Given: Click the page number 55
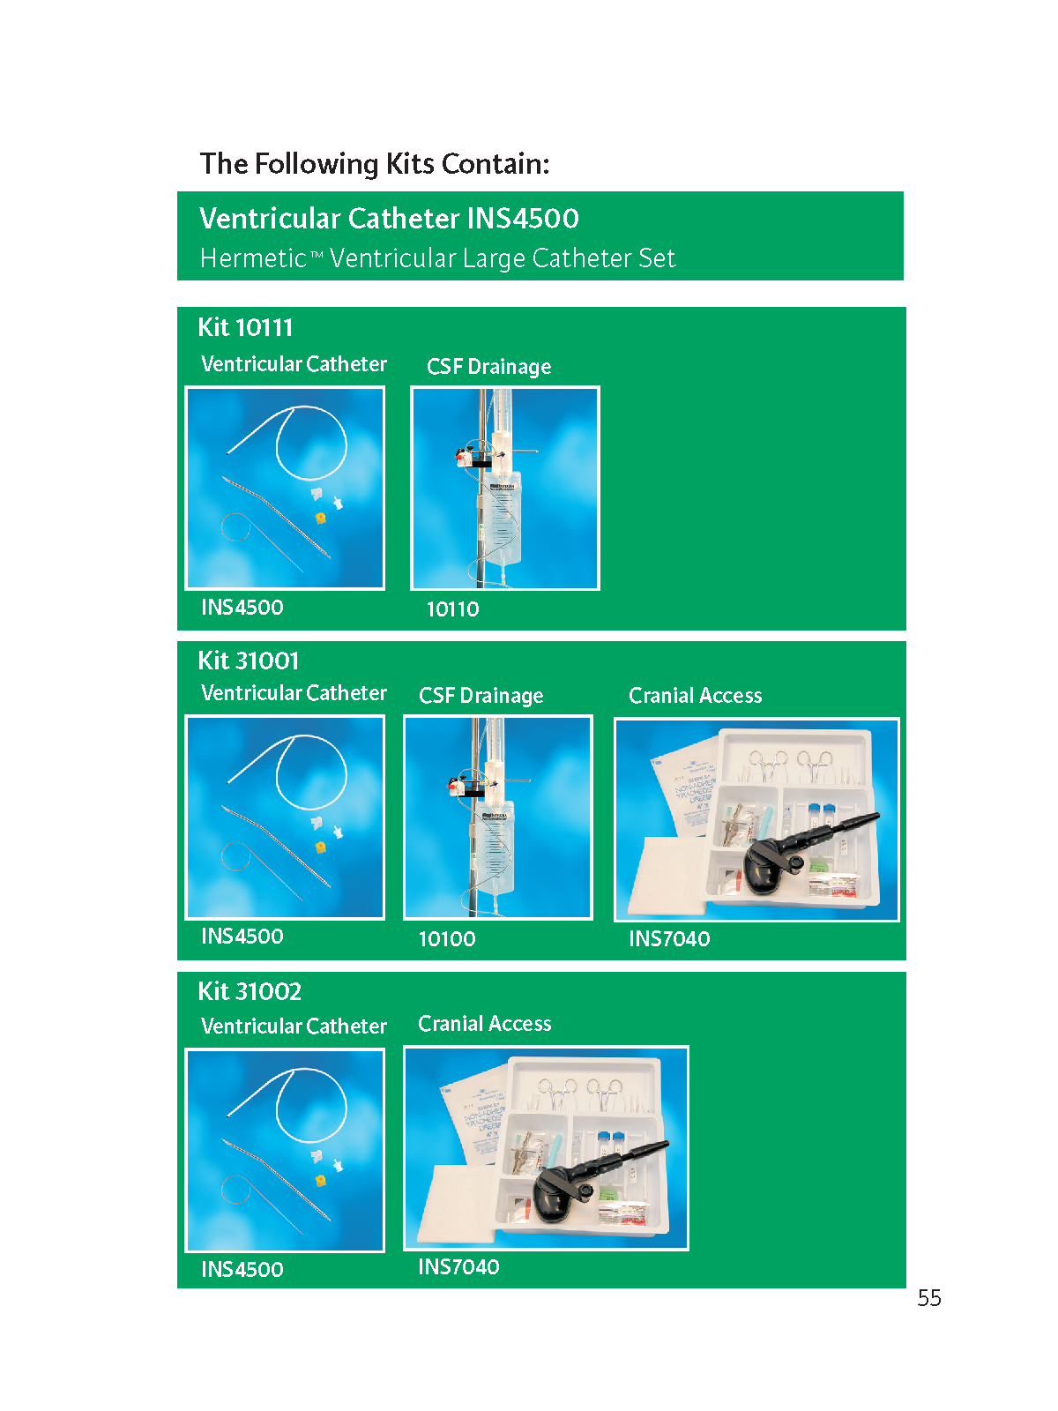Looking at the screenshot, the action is pyautogui.click(x=928, y=1297).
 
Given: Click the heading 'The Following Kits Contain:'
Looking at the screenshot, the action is pyautogui.click(x=375, y=164).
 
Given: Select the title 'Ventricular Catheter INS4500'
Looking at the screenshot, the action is pyautogui.click(x=389, y=218).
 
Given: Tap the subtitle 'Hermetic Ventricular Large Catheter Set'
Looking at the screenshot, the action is pyautogui.click(x=436, y=258).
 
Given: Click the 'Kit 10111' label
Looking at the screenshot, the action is pyautogui.click(x=245, y=327).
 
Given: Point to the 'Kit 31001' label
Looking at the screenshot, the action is pyautogui.click(x=248, y=661).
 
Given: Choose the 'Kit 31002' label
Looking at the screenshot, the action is pyautogui.click(x=250, y=990).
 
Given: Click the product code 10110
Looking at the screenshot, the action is pyautogui.click(x=453, y=608).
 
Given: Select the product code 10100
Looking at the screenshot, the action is pyautogui.click(x=447, y=938).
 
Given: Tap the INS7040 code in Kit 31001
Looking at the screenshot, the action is pyautogui.click(x=669, y=938).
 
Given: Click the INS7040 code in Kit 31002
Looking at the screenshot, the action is pyautogui.click(x=458, y=1266).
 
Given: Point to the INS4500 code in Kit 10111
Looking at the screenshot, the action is pyautogui.click(x=242, y=607).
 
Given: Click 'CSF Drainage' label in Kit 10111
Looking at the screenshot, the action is pyautogui.click(x=488, y=366).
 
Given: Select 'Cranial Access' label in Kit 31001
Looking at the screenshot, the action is pyautogui.click(x=695, y=695).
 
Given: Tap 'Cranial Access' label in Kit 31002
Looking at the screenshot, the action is pyautogui.click(x=484, y=1023).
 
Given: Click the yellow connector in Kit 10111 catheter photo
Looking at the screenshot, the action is pyautogui.click(x=320, y=518).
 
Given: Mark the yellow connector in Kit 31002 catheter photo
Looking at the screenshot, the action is pyautogui.click(x=320, y=1180).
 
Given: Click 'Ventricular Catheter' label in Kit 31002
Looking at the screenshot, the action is pyautogui.click(x=294, y=1026).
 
